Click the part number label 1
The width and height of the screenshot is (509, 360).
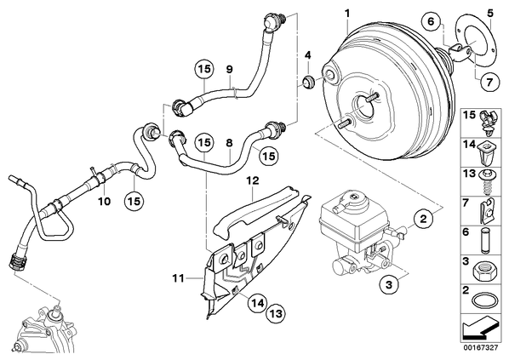pos(347,14)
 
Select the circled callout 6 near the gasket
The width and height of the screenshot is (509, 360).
pos(431,22)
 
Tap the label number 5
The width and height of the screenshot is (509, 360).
pos(490,14)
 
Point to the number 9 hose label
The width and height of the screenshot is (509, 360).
pos(230,69)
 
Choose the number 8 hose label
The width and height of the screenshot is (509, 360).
pos(230,143)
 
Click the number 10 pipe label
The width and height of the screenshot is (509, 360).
pos(104,201)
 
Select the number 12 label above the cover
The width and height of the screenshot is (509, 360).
pos(253,180)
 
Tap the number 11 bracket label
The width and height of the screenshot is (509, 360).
pos(178,278)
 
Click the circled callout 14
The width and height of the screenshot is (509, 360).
pos(257,303)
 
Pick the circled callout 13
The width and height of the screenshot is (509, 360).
pos(276,313)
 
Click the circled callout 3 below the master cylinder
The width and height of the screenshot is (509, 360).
pos(389,285)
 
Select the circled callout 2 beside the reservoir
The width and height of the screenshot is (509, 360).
pos(423,219)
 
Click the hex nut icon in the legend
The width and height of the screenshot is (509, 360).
pos(483,271)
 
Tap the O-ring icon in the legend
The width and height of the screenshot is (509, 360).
pos(484,301)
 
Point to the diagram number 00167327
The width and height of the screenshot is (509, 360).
pos(480,348)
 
